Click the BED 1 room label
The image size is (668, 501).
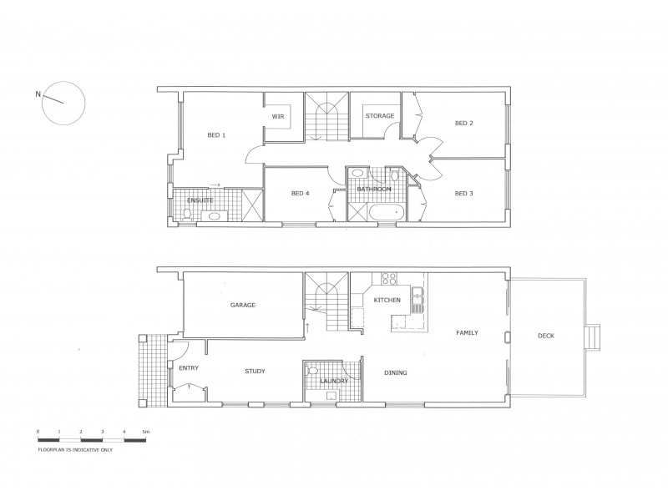point(216,134)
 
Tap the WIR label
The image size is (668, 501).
point(279,117)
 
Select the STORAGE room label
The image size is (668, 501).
point(379,116)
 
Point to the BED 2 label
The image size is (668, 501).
point(463,123)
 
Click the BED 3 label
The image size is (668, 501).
point(463,194)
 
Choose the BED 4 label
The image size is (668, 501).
point(301,194)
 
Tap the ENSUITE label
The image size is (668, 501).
point(199,200)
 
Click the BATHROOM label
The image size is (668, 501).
point(373,190)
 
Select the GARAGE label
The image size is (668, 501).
point(242,305)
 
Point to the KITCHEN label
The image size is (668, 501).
point(387,300)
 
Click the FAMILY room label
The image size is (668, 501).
point(466,332)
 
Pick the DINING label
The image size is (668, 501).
point(395,372)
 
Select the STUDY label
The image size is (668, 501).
point(255,372)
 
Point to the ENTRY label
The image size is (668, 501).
point(188,367)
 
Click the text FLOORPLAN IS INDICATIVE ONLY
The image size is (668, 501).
point(75,449)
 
